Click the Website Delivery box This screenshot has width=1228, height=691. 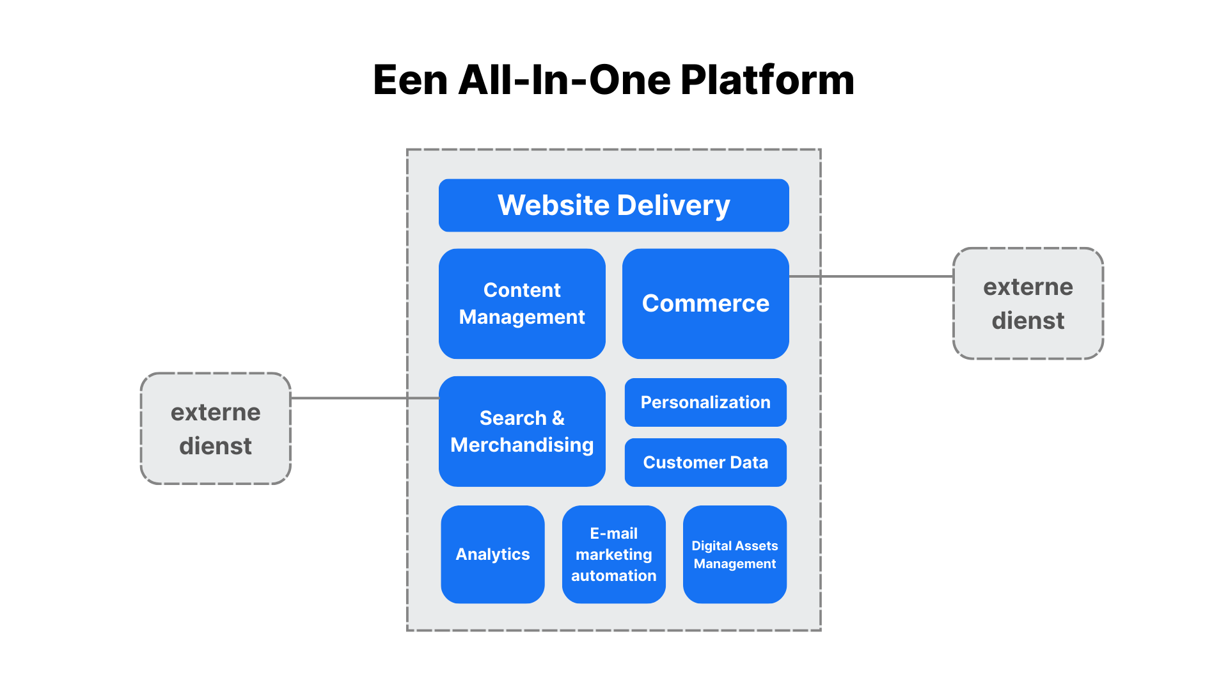tap(613, 205)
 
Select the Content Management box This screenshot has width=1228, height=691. tap(522, 303)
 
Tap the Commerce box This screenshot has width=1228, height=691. tap(705, 303)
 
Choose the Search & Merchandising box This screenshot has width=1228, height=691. tap(522, 431)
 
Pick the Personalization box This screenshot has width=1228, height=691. tap(705, 402)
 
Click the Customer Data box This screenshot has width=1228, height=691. tap(705, 463)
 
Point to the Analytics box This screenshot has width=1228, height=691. tap(492, 554)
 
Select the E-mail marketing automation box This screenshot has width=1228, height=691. tap(613, 554)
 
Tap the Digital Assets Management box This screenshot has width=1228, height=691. tap(734, 554)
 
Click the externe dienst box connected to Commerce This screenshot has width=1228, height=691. tap(1028, 303)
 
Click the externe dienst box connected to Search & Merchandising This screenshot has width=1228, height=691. tap(216, 429)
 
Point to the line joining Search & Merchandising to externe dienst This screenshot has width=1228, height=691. tap(349, 398)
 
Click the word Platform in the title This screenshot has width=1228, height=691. tap(767, 81)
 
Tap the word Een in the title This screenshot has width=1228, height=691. tap(410, 81)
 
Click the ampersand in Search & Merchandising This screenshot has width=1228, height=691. tap(558, 418)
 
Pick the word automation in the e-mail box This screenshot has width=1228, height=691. tap(613, 576)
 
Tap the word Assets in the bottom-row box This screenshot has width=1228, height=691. tap(757, 546)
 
